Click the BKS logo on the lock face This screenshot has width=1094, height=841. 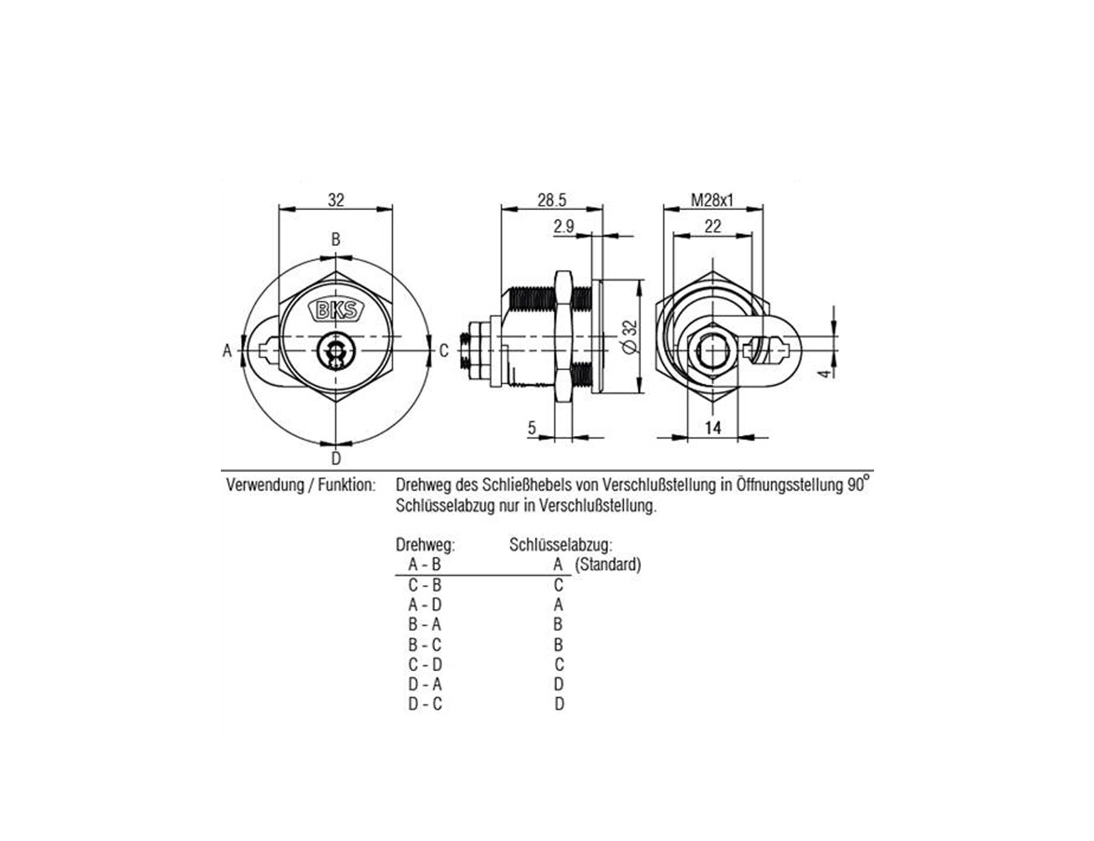(335, 310)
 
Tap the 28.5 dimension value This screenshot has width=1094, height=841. (551, 201)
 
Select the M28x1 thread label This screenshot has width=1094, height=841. (712, 201)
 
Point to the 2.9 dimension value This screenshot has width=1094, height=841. (564, 227)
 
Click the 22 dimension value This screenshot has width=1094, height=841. (713, 227)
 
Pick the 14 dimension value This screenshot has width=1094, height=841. (713, 428)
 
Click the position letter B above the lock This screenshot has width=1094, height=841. (335, 239)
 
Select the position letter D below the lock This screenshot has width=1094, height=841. (335, 459)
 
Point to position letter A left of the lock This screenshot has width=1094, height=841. (227, 351)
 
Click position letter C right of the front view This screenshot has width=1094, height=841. (443, 351)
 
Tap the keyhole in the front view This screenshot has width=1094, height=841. (334, 351)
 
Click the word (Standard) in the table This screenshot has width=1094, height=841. (608, 565)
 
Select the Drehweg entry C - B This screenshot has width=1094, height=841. (425, 585)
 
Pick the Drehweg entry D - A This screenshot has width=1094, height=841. (425, 684)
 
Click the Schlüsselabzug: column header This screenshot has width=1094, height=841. (561, 545)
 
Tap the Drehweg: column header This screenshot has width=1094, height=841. (426, 545)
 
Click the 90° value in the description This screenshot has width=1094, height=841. (858, 484)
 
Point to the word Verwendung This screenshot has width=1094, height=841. (265, 485)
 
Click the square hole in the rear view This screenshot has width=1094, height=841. (712, 351)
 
